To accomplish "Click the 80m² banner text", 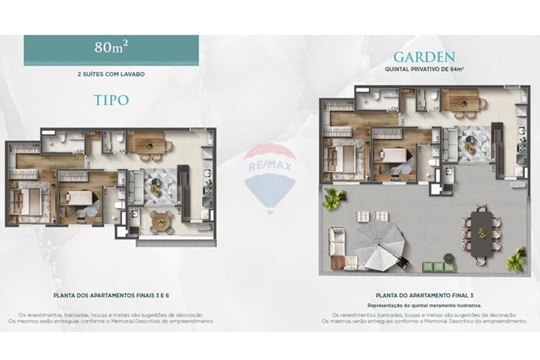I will pyautogui.click(x=111, y=47).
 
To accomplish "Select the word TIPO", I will pyautogui.click(x=111, y=99).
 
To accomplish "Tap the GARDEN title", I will pyautogui.click(x=424, y=57).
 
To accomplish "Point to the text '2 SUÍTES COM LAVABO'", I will pyautogui.click(x=111, y=75).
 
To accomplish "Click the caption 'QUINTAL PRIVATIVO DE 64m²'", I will pyautogui.click(x=423, y=70).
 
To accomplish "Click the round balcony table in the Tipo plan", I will pyautogui.click(x=160, y=222).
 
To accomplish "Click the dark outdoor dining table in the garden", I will pyautogui.click(x=481, y=229).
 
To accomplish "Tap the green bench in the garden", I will pyautogui.click(x=436, y=267).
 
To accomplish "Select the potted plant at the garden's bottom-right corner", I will pyautogui.click(x=516, y=260).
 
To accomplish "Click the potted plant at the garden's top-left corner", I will pyautogui.click(x=332, y=199).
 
